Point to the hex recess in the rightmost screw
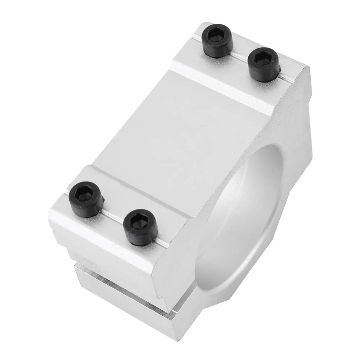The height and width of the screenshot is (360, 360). point(262,58)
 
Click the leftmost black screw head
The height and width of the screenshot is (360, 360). point(86,199)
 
